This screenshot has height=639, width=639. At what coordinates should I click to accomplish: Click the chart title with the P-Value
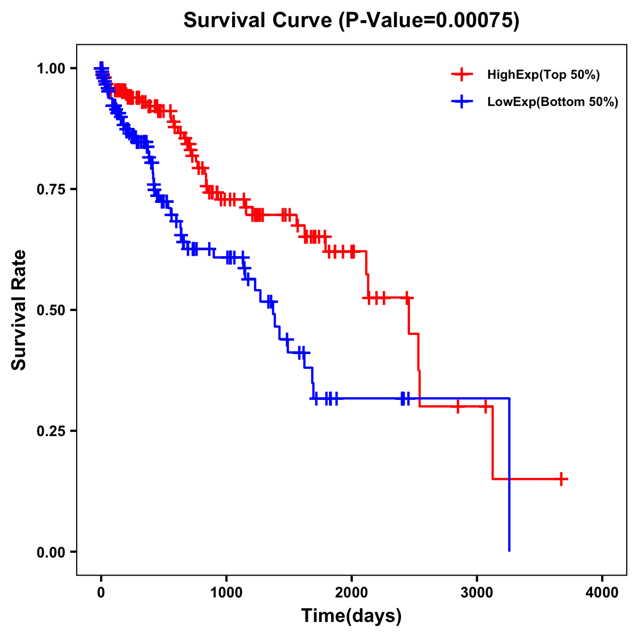351,21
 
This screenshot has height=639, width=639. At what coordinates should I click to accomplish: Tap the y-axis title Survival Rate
19,309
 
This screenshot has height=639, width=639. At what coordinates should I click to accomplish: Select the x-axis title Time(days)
351,616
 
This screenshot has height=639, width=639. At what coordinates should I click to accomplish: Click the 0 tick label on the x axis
101,593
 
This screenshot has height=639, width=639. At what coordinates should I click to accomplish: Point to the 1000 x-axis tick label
226,593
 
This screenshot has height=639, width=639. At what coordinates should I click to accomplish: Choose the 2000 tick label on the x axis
351,593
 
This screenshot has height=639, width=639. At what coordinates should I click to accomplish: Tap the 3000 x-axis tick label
477,593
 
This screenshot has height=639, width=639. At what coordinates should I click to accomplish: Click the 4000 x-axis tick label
602,593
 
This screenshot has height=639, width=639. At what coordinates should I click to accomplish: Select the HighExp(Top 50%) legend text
544,75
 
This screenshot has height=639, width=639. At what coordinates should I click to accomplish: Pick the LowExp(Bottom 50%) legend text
553,102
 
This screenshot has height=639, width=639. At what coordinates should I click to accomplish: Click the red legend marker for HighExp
462,75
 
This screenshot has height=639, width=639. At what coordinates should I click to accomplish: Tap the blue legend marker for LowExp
462,102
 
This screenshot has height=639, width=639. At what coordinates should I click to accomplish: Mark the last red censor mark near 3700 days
561,479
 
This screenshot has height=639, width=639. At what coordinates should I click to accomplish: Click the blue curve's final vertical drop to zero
510,479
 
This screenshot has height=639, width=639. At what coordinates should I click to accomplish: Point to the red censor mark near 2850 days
457,407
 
